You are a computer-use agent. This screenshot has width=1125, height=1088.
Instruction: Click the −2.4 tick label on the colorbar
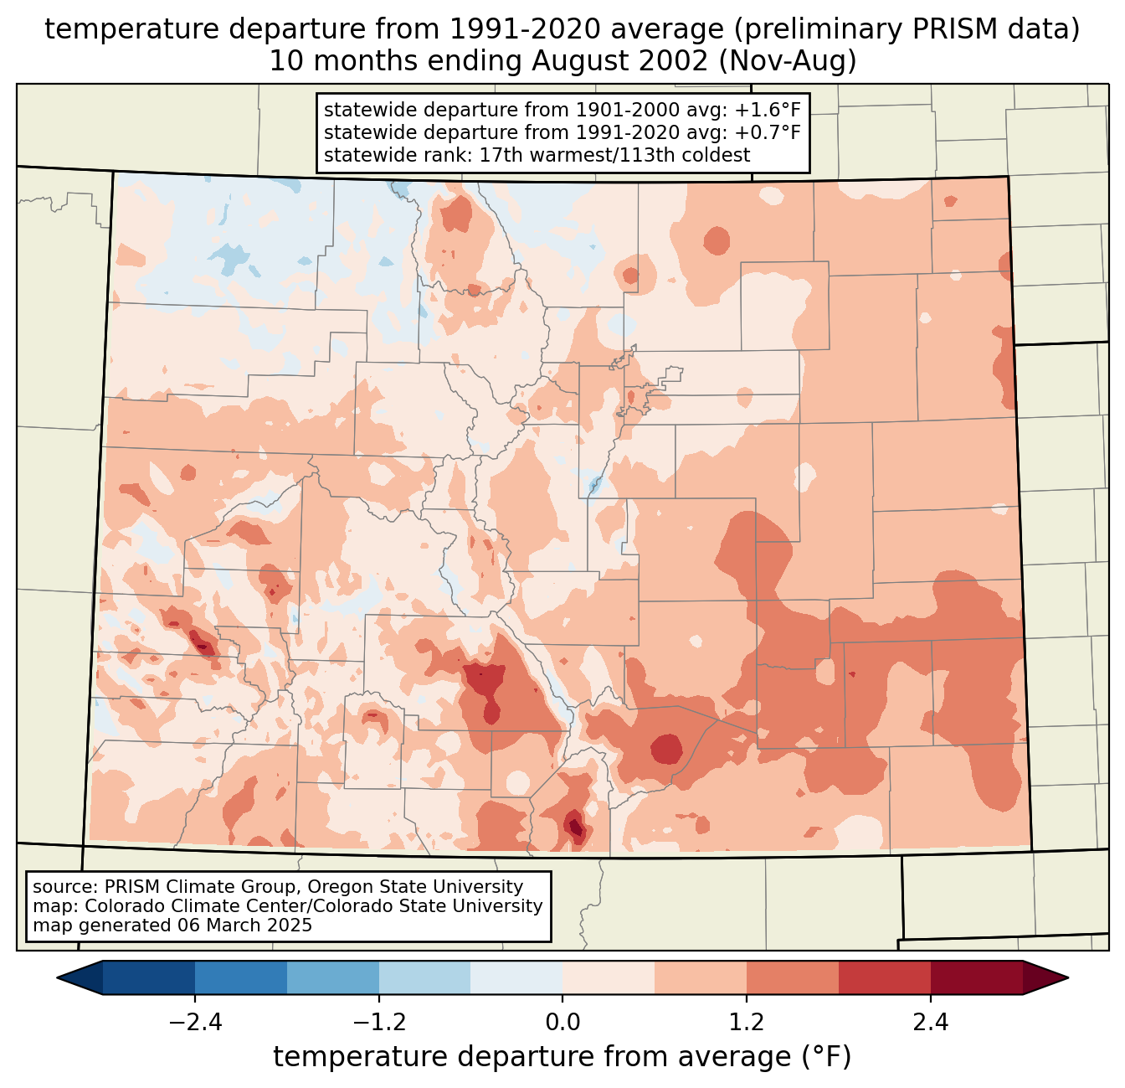194,1023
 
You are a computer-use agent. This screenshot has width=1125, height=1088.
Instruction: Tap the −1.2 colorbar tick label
378,1023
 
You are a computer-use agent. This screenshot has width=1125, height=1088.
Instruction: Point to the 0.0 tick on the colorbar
562,1023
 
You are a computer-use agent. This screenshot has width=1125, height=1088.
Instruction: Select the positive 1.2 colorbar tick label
747,1023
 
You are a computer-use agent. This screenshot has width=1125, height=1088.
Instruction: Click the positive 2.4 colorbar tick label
930,1023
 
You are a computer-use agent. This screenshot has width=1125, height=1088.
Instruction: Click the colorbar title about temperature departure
562,1057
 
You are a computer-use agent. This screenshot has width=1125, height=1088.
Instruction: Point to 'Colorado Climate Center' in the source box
185,905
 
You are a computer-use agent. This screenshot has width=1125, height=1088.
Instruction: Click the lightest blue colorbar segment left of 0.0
516,977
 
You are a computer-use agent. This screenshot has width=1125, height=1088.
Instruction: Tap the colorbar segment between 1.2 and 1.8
793,977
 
